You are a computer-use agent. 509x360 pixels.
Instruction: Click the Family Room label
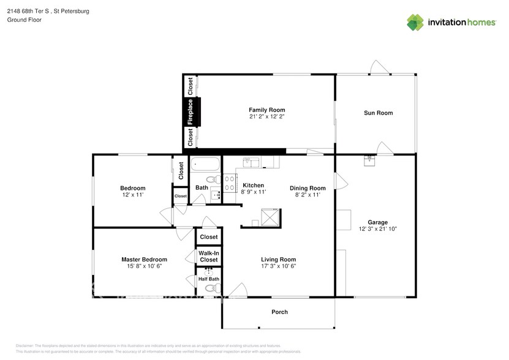[x=266, y=110]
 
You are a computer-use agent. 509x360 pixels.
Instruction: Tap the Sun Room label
[x=378, y=113]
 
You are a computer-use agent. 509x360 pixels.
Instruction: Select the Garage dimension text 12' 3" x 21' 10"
[x=378, y=229]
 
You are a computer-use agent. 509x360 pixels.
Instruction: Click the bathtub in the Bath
[x=205, y=165]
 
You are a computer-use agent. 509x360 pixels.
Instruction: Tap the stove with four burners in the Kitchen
[x=230, y=183]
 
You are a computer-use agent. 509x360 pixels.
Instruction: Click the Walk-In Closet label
[x=209, y=257]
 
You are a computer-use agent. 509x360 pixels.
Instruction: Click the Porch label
[x=279, y=312]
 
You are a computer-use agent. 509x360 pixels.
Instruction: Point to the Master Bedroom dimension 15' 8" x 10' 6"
[x=144, y=266]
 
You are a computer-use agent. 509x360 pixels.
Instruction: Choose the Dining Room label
[x=307, y=188]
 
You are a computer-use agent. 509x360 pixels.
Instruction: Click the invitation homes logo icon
[x=416, y=23]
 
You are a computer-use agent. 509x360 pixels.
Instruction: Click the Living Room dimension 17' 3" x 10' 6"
[x=279, y=266]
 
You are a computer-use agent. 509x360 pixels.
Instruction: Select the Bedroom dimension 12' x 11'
[x=132, y=195]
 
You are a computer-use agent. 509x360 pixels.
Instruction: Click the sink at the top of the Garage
[x=369, y=160]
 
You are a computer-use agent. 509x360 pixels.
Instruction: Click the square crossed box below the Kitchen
[x=270, y=217]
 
